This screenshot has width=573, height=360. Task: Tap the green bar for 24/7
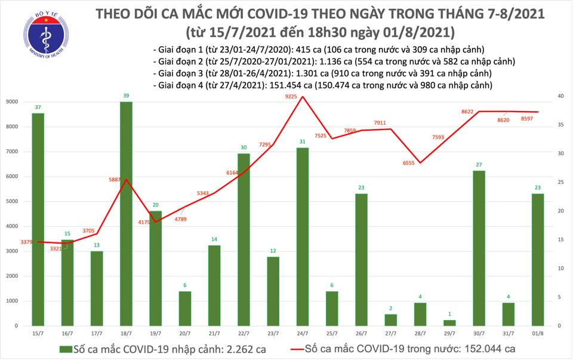click(x=303, y=236)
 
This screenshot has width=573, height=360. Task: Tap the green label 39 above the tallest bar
click(x=126, y=96)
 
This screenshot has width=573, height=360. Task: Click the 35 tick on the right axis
click(x=560, y=125)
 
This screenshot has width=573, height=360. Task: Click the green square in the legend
click(x=63, y=349)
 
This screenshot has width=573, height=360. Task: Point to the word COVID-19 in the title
click(x=270, y=14)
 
